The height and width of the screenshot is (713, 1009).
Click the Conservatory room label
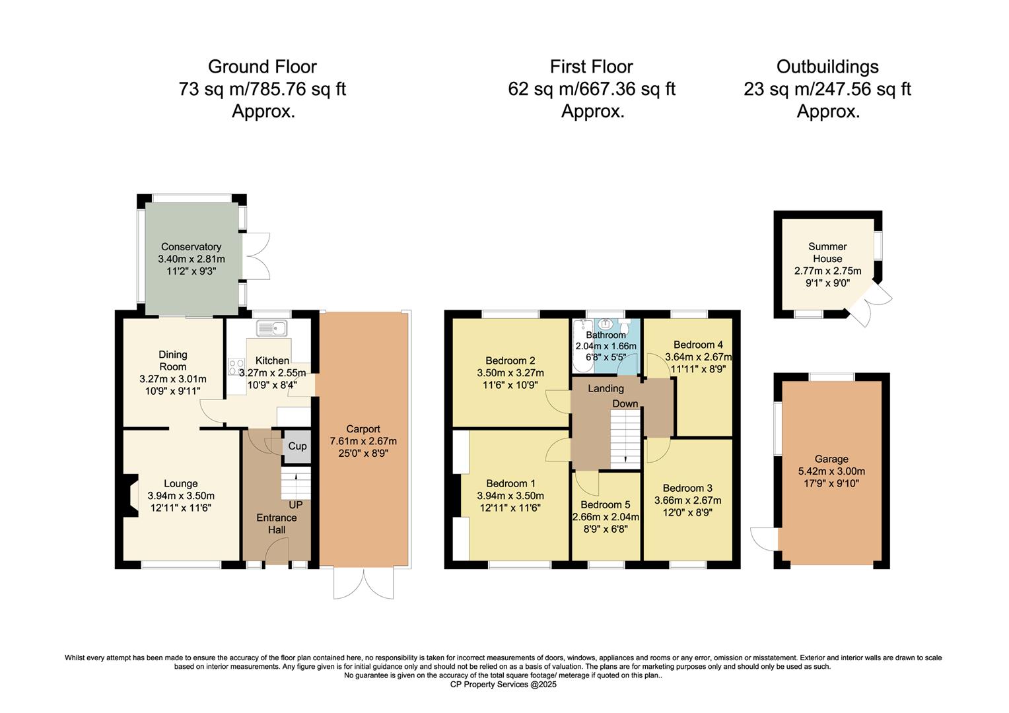(x=191, y=247)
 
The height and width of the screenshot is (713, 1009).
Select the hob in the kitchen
(x=235, y=367)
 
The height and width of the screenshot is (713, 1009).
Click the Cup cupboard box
(x=297, y=446)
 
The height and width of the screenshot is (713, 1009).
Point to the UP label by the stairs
(x=295, y=504)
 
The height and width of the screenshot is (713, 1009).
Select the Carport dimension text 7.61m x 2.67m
(x=363, y=441)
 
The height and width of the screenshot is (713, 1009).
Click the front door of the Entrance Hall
(x=277, y=552)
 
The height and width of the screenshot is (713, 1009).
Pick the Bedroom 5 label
(x=606, y=505)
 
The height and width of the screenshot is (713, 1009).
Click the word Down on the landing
(x=625, y=403)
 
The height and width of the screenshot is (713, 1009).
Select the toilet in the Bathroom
(x=625, y=327)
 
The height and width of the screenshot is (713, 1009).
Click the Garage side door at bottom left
(x=765, y=540)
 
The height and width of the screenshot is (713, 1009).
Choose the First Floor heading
(x=591, y=67)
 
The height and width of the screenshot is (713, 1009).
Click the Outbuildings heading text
(x=827, y=67)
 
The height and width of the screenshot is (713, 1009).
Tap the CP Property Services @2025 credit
(x=503, y=685)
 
